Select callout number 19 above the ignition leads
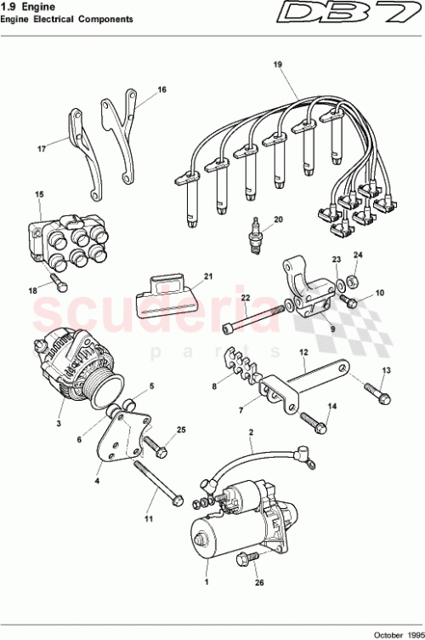click(277, 66)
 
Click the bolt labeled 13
click(376, 394)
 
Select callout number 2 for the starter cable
click(251, 433)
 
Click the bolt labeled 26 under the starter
click(246, 558)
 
